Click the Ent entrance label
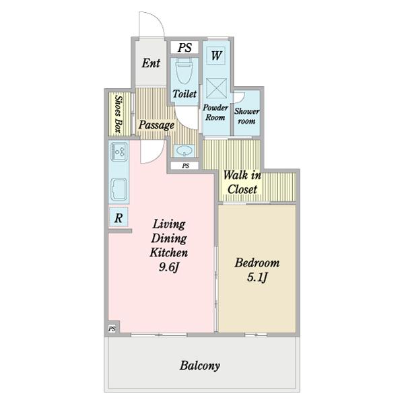(151, 63)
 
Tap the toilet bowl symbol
(184, 71)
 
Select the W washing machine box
(216, 55)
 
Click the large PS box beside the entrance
(184, 47)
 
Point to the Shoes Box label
(119, 114)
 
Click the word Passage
(156, 125)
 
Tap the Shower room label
(246, 116)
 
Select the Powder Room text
(215, 112)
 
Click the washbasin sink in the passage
(184, 150)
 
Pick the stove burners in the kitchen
(119, 151)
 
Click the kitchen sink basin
(119, 189)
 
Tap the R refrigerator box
(119, 217)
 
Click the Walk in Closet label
(242, 182)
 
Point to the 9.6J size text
(169, 267)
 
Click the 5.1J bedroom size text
(257, 277)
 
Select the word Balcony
(200, 366)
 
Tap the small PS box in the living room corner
(112, 329)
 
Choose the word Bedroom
(257, 263)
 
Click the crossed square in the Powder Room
(216, 88)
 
